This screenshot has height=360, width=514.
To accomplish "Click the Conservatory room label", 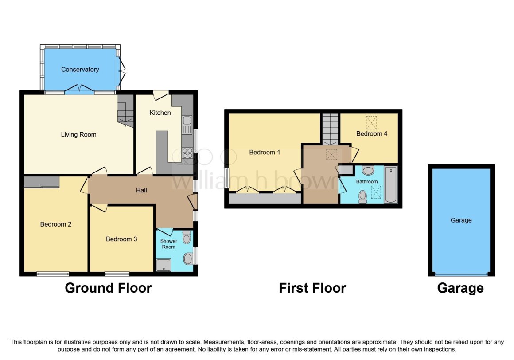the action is click(x=80, y=70).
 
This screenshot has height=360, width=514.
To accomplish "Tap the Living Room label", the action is click(x=79, y=134).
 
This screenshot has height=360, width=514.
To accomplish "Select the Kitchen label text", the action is click(x=160, y=113).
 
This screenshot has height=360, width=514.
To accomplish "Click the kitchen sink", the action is click(x=187, y=125).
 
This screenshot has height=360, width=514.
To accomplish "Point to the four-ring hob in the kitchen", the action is click(x=187, y=153).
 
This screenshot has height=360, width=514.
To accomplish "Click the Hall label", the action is click(x=142, y=190).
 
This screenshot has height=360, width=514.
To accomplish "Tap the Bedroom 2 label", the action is click(x=56, y=224).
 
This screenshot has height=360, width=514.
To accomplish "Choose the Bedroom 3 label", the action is click(x=121, y=239).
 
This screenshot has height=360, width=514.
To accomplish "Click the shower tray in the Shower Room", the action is click(x=164, y=265).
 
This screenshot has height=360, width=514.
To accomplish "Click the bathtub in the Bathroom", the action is click(x=391, y=185).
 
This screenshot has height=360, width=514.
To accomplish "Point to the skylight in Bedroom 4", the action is click(x=371, y=123).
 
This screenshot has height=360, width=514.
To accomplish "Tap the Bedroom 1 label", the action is click(x=265, y=152).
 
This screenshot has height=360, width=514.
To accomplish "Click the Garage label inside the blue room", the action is click(x=461, y=220).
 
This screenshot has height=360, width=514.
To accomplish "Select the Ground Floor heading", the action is click(x=108, y=288).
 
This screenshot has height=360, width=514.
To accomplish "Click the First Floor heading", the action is click(x=312, y=288).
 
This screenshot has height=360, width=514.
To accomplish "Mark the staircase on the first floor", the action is click(x=330, y=129).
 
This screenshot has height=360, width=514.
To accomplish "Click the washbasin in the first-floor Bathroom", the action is click(x=368, y=170).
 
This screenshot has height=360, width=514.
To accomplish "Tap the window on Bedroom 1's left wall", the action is click(x=226, y=178).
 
